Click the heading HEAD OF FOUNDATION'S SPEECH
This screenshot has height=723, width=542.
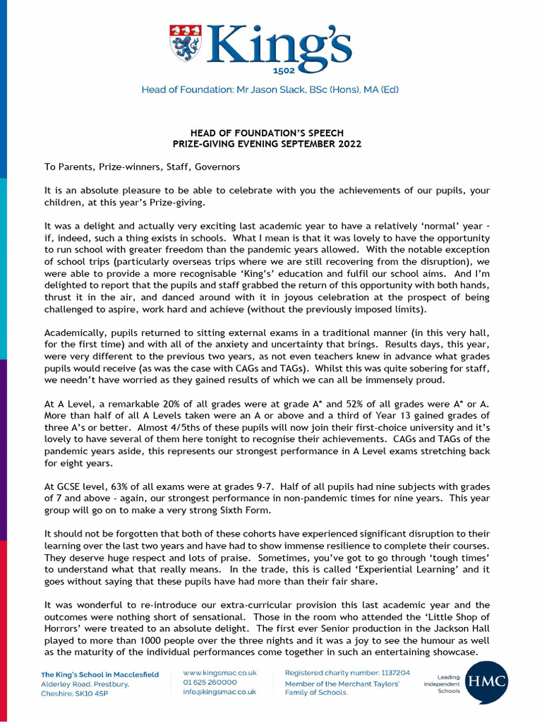pos(267,133)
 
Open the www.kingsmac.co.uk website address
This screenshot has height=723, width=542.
pos(219,674)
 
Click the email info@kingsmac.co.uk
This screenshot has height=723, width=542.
pos(219,693)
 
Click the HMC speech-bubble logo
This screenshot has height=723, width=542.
pos(486,683)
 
